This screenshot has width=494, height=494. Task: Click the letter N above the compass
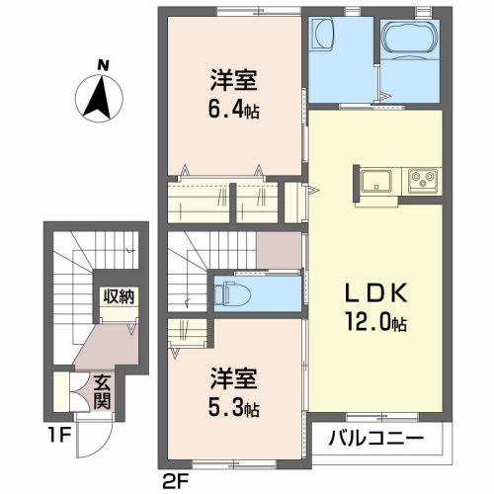coord(103,65)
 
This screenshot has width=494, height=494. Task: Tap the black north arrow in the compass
coord(99,97)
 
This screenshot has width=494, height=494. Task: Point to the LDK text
coord(375,293)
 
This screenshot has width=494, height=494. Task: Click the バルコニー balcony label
coord(375,439)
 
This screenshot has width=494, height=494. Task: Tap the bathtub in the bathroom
coord(410,40)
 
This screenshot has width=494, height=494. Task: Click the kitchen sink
coord(376,182)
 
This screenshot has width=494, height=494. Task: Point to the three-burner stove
coord(423,181)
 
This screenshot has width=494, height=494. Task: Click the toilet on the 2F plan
coord(232,293)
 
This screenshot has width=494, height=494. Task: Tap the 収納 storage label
coord(119,296)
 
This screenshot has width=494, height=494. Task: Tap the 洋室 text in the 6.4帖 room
coord(233,80)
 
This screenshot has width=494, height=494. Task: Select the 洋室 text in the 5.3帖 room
coord(233,378)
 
